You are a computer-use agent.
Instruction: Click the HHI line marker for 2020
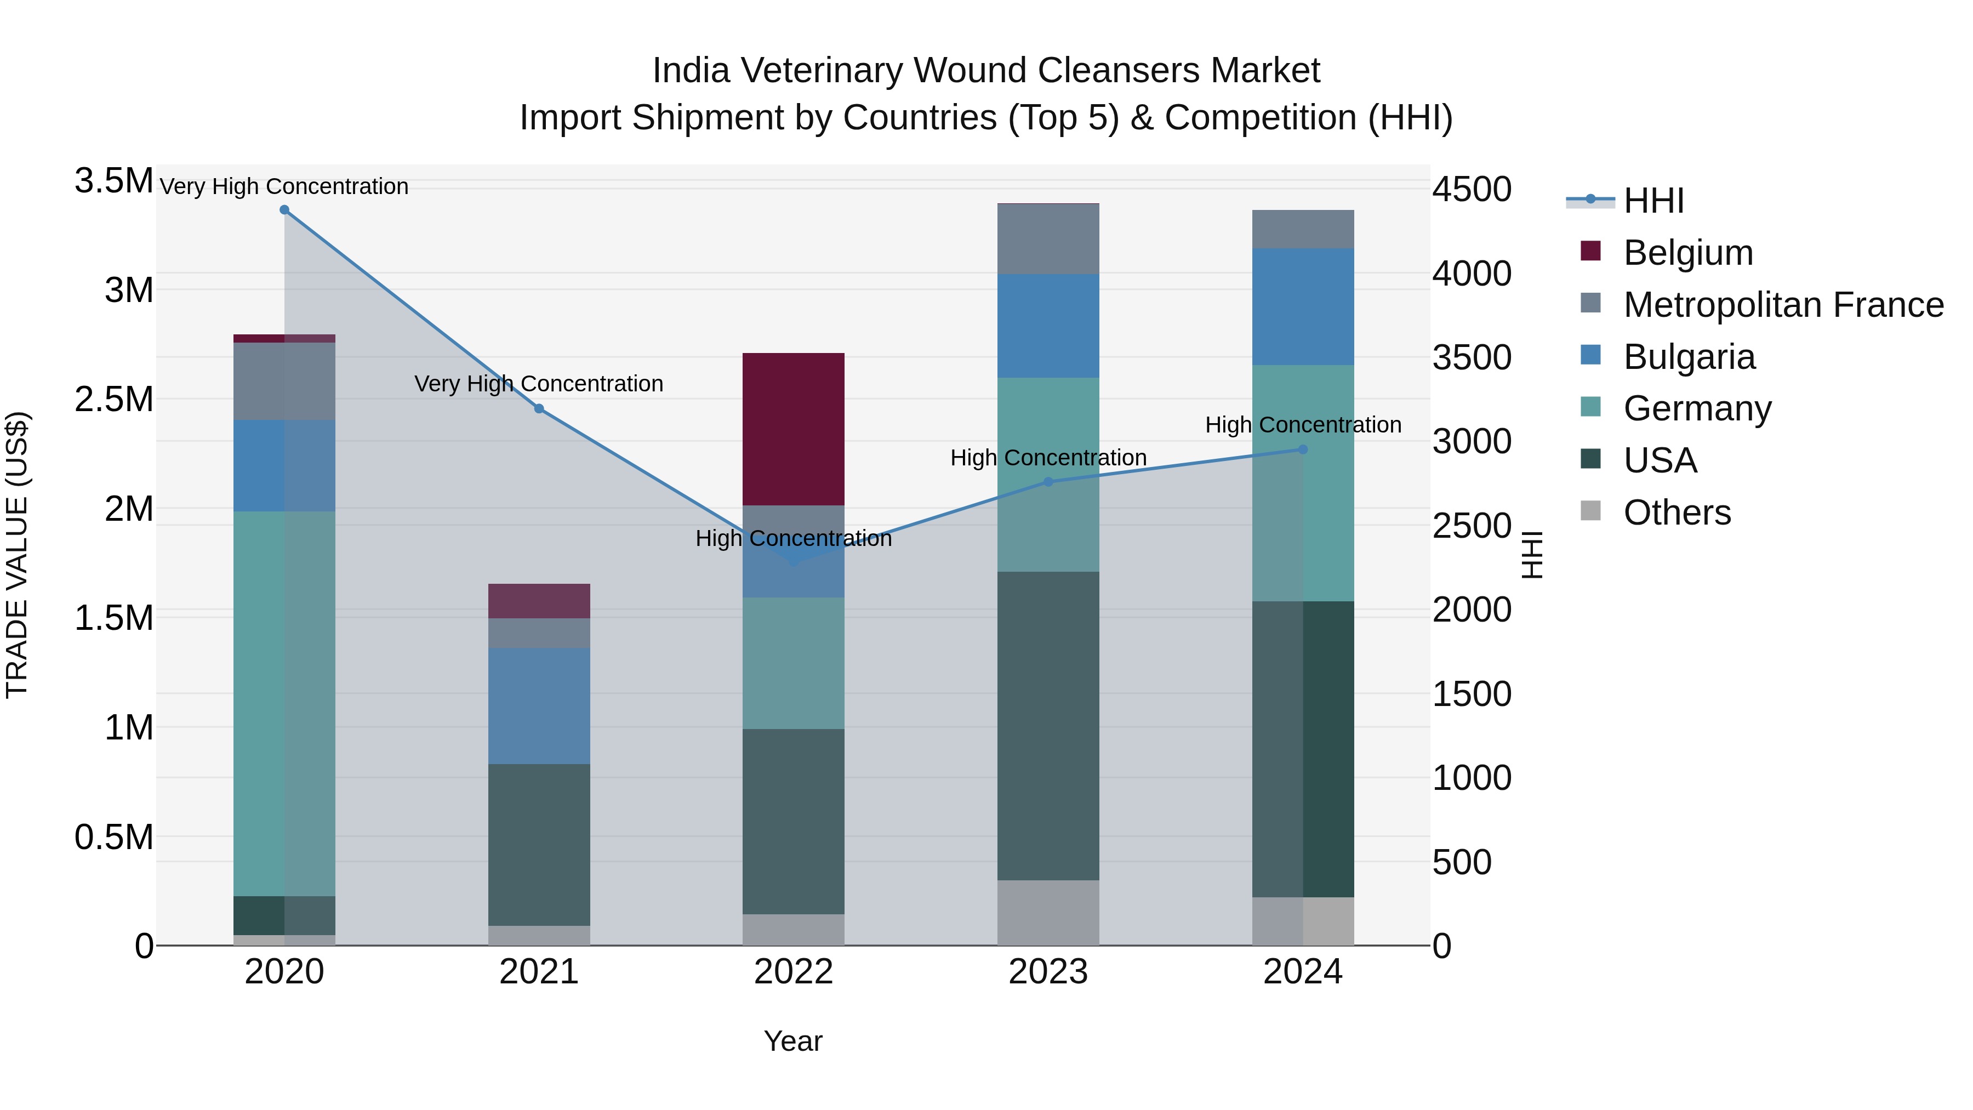(284, 210)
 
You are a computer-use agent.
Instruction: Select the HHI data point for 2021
(539, 409)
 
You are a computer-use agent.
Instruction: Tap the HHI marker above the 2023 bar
(1048, 482)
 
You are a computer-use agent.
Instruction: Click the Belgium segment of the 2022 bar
(794, 429)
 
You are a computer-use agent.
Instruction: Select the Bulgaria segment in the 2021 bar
(539, 705)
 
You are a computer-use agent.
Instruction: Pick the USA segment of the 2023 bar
(1048, 725)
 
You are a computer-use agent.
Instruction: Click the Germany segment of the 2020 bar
(284, 703)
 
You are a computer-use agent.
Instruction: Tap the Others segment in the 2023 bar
(1048, 912)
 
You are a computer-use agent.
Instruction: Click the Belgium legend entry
(1687, 253)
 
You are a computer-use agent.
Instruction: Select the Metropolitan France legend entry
(1783, 305)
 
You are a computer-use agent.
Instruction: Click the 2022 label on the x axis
(794, 972)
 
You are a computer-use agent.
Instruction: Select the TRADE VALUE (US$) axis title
(18, 555)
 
